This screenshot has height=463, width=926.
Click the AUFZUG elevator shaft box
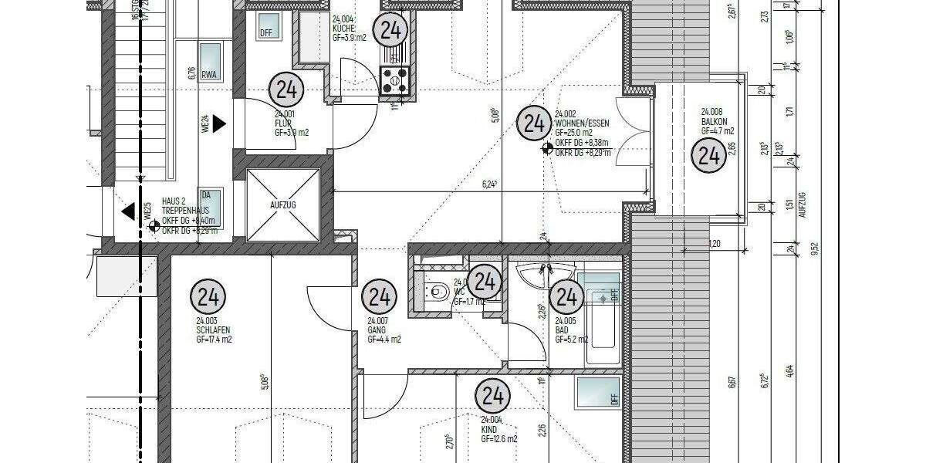282,205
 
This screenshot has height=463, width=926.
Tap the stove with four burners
396,78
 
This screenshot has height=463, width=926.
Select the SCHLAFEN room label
213,330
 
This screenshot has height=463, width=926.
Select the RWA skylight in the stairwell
210,62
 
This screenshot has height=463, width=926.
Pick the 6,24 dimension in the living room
488,184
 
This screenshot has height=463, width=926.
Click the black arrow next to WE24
219,123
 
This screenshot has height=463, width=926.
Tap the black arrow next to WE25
128,210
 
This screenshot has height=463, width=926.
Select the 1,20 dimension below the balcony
715,244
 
